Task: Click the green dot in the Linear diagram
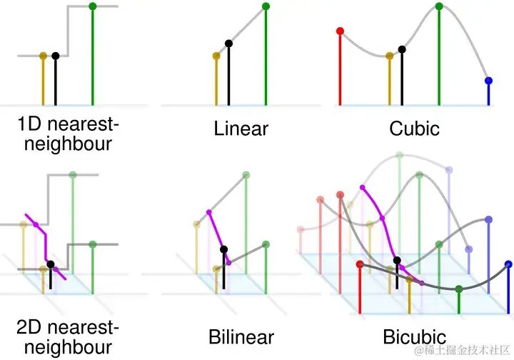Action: [x=266, y=6]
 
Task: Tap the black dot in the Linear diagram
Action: [x=229, y=43]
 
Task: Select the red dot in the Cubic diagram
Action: [x=340, y=31]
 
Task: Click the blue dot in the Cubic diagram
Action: [x=488, y=81]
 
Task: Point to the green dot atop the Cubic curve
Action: [x=439, y=6]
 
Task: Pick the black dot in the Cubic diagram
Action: [x=403, y=49]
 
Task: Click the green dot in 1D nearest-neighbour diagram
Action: [x=93, y=6]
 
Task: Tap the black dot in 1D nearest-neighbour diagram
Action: [x=56, y=55]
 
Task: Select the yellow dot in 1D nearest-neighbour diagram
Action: [x=44, y=55]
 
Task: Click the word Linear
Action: [x=241, y=129]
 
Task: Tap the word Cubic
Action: [x=414, y=129]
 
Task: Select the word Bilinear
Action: [x=241, y=337]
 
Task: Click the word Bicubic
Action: [x=414, y=337]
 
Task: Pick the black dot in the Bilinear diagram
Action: [x=224, y=249]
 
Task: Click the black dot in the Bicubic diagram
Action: [x=397, y=260]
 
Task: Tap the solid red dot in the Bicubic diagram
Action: [x=359, y=264]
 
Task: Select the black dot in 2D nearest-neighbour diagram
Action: [x=51, y=264]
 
